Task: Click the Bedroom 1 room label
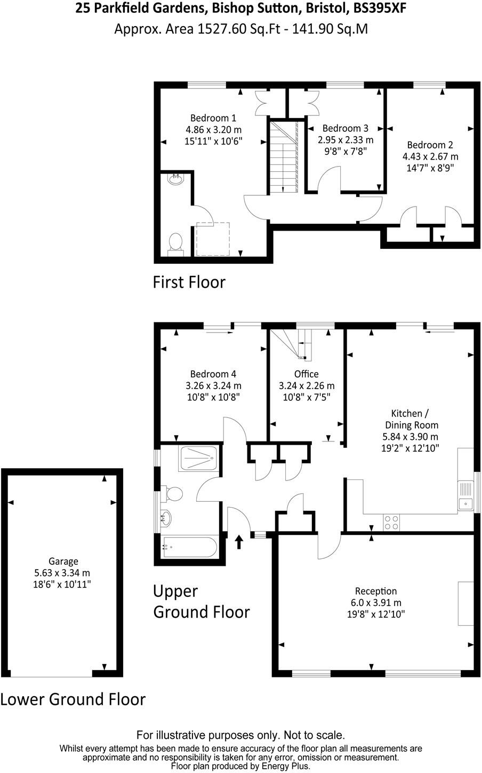click(213, 118)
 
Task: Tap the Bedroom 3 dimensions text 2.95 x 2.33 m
click(346, 140)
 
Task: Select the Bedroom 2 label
click(430, 145)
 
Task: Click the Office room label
click(306, 374)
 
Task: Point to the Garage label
click(63, 561)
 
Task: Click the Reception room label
click(376, 591)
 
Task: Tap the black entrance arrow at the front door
click(239, 542)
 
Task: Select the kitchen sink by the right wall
click(465, 496)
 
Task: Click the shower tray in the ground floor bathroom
click(199, 458)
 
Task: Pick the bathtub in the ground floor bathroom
click(190, 547)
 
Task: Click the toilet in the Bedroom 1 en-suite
click(175, 244)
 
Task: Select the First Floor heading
click(189, 281)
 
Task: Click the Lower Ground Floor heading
click(73, 699)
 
